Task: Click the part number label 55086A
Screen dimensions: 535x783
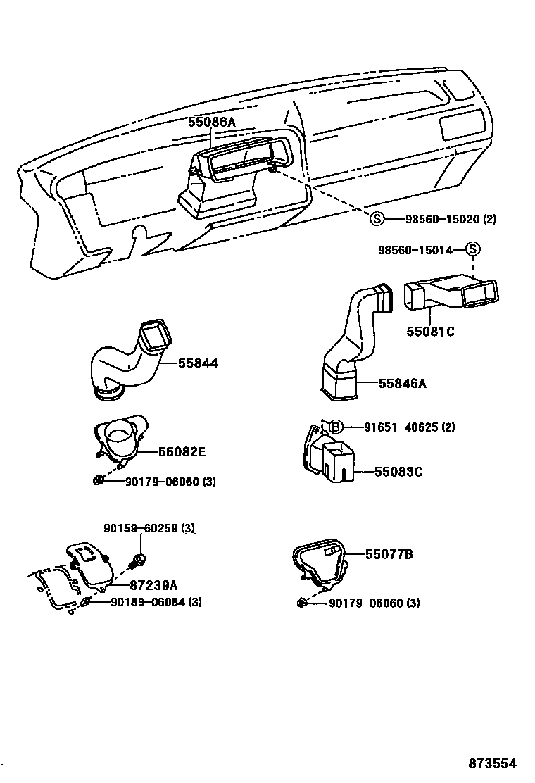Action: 212,121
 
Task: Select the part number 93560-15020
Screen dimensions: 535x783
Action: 442,219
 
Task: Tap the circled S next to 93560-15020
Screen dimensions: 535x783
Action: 377,218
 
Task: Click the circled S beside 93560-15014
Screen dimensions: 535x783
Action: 472,249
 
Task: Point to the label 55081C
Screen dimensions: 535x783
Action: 430,332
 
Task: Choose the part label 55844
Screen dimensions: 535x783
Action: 198,363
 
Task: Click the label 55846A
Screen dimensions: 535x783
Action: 402,384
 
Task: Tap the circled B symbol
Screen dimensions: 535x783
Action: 336,427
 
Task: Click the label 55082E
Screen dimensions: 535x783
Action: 182,452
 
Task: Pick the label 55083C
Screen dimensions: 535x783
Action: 398,472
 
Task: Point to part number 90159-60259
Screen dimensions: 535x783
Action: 141,528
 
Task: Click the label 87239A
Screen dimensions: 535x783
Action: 153,584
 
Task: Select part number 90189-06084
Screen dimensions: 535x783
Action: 148,602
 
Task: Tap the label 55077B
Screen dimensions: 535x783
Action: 389,554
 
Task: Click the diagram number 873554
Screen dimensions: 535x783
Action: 493,763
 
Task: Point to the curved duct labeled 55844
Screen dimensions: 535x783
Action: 133,359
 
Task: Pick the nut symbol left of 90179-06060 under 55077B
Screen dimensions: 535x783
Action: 301,603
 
